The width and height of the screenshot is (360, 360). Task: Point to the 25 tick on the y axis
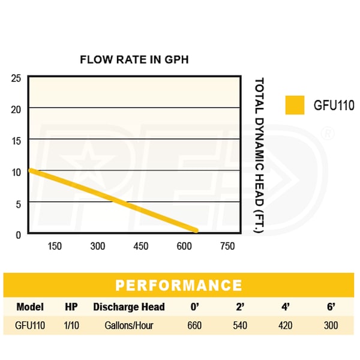click(16, 77)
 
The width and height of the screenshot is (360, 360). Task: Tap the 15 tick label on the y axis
click(16, 140)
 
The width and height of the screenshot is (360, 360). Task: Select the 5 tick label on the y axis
click(18, 203)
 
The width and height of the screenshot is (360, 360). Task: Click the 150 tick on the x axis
click(55, 246)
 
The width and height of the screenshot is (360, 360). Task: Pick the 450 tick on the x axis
click(140, 246)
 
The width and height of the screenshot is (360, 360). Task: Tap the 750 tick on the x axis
click(227, 246)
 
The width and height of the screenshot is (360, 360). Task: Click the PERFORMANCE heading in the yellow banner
click(179, 285)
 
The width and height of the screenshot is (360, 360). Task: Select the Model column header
click(30, 307)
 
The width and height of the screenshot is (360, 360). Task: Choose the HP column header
click(71, 307)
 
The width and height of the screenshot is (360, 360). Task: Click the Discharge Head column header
click(128, 307)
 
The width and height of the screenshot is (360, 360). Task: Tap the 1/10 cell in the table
click(71, 326)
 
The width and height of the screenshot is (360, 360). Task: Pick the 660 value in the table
click(194, 326)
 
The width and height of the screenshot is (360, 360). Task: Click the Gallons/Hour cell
click(128, 326)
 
